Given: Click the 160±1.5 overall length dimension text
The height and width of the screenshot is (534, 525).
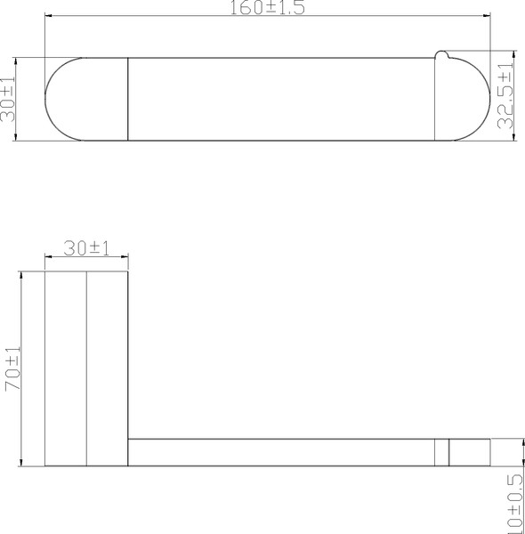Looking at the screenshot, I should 268,7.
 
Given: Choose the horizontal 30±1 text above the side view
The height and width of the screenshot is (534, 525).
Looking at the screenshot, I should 86,249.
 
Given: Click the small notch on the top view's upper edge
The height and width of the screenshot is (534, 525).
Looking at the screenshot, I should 440,59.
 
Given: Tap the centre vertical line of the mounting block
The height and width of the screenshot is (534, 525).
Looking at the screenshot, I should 86,368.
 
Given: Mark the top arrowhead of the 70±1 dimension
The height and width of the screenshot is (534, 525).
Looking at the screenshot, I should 20,275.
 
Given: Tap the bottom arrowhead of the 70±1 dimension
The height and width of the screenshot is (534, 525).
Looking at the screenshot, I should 20,462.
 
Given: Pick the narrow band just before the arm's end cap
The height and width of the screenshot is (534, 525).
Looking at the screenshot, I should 441,452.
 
